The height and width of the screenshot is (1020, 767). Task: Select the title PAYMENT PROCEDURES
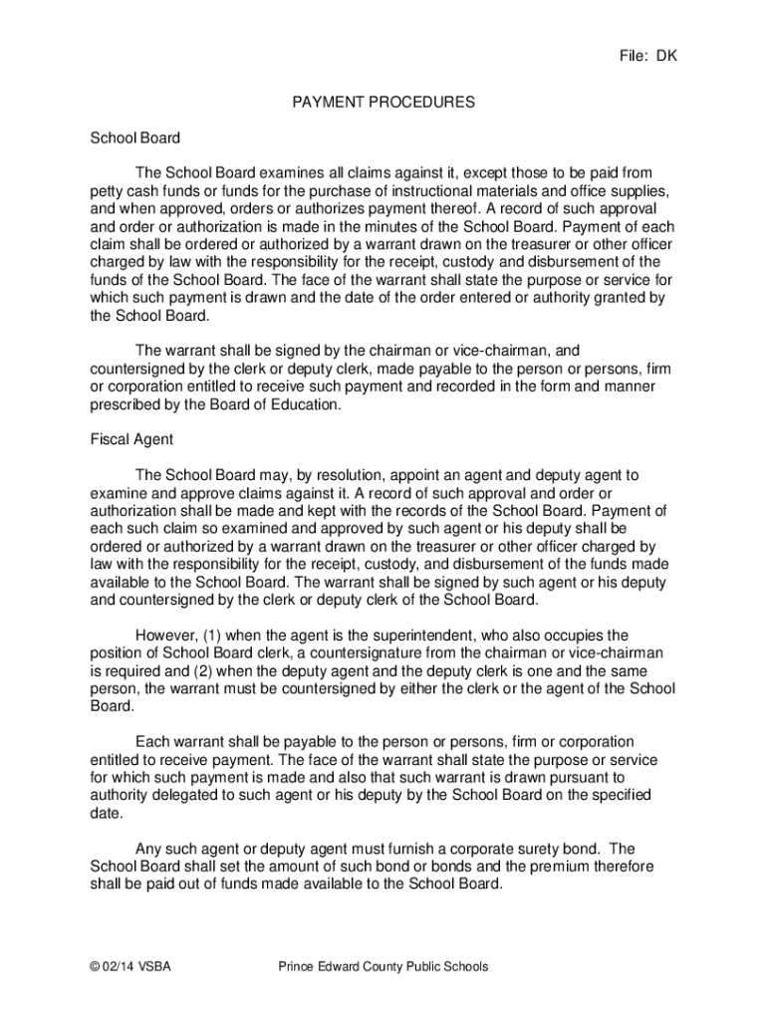(383, 103)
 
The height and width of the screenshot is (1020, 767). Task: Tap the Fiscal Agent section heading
(130, 439)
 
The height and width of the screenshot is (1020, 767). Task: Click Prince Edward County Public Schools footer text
(383, 966)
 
